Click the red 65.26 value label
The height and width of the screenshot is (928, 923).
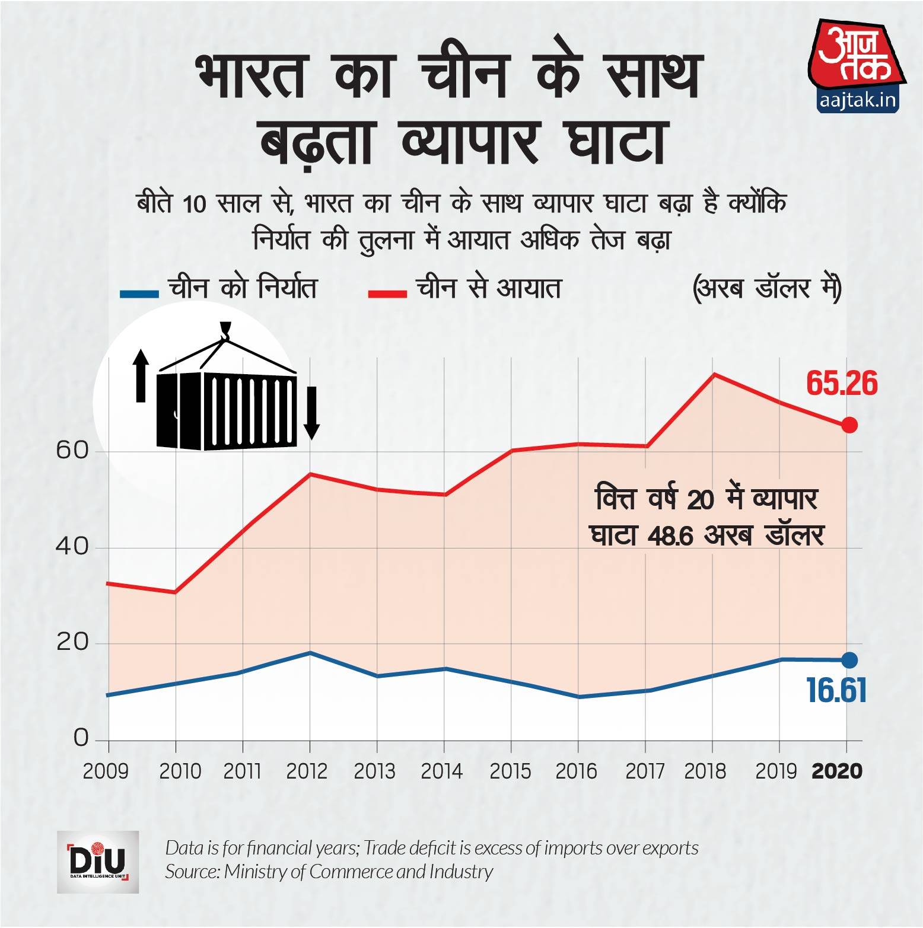[x=841, y=384]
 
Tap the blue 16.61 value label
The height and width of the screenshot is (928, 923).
[x=836, y=690]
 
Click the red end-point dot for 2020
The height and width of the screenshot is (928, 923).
[x=849, y=425]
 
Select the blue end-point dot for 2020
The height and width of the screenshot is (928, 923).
[x=849, y=660]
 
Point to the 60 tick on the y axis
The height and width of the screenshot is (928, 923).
[x=72, y=451]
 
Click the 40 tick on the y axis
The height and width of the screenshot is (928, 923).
[x=72, y=547]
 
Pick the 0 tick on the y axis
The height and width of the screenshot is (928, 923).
[x=80, y=739]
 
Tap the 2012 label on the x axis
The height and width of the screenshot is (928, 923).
[x=307, y=771]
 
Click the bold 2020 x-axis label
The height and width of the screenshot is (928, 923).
[x=836, y=771]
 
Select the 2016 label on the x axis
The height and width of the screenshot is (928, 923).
[x=577, y=771]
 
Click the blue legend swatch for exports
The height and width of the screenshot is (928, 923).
[x=139, y=293]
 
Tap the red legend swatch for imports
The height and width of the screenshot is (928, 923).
[x=387, y=293]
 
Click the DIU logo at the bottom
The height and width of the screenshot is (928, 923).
[x=98, y=862]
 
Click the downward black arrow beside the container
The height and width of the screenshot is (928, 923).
[x=311, y=413]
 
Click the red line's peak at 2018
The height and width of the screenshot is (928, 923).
[x=713, y=374]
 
